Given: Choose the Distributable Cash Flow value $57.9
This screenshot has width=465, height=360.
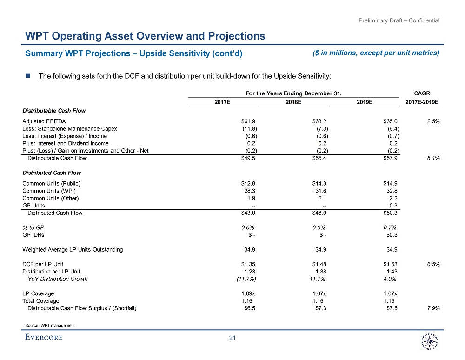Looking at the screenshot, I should (x=389, y=158).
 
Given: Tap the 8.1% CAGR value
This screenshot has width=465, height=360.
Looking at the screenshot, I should (x=433, y=158).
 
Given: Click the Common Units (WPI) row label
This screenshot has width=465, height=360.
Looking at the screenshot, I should (x=49, y=191).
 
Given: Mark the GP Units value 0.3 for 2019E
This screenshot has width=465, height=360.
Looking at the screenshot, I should (x=393, y=206).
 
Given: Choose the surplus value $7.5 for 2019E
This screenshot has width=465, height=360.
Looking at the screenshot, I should (x=392, y=308).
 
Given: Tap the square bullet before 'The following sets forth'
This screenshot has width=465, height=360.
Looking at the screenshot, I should (x=28, y=76).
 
